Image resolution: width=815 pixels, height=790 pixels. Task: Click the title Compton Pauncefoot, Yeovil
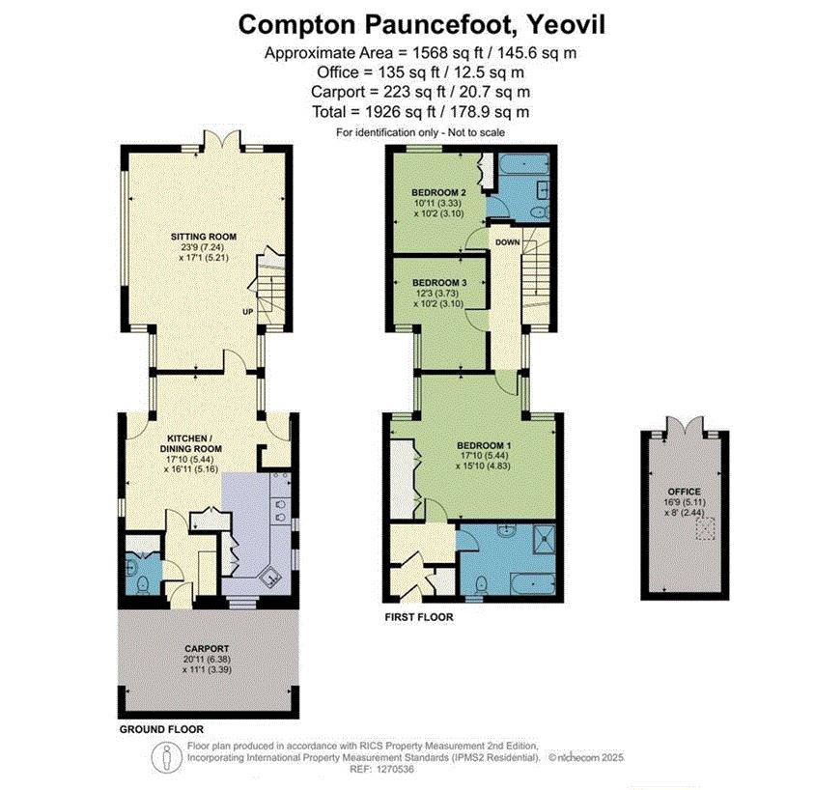pyautogui.click(x=422, y=24)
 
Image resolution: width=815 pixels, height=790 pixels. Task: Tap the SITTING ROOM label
pyautogui.click(x=204, y=237)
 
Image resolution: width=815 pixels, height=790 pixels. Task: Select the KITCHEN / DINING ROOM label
pyautogui.click(x=191, y=443)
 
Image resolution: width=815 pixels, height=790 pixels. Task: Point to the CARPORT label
pyautogui.click(x=207, y=649)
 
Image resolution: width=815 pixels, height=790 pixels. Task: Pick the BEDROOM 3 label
pyautogui.click(x=439, y=283)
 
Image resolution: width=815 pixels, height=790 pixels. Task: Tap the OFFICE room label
pyautogui.click(x=684, y=492)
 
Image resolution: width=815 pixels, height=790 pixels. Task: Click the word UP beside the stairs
pyautogui.click(x=248, y=312)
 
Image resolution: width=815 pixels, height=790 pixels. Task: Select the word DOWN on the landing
pyautogui.click(x=508, y=242)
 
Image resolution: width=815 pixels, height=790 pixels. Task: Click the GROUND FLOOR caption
pyautogui.click(x=161, y=729)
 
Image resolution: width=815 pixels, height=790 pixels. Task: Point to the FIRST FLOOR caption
pyautogui.click(x=419, y=617)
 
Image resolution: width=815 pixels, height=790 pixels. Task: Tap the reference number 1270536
pyautogui.click(x=396, y=769)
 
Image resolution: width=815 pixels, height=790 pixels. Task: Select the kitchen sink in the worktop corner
pyautogui.click(x=271, y=578)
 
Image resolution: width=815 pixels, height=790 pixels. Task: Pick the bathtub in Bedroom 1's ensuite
pyautogui.click(x=533, y=583)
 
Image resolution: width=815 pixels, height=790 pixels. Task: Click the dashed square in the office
pyautogui.click(x=705, y=528)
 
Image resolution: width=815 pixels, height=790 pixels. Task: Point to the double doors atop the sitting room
pyautogui.click(x=222, y=139)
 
